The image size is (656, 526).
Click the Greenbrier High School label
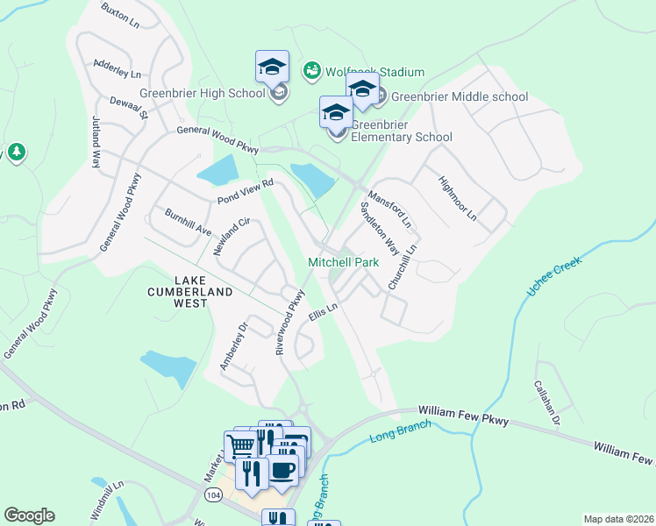pyautogui.click(x=202, y=94)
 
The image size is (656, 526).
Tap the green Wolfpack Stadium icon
pyautogui.click(x=311, y=71)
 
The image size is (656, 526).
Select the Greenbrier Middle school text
pyautogui.click(x=460, y=96)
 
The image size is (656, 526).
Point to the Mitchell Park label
pyautogui.click(x=342, y=262)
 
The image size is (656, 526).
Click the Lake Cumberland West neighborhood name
pyautogui.click(x=190, y=291)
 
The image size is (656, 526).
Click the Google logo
pyautogui.click(x=29, y=515)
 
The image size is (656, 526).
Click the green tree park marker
pyautogui.click(x=16, y=153)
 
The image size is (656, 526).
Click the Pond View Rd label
pyautogui.click(x=246, y=193)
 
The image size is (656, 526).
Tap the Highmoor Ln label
pyautogui.click(x=457, y=197)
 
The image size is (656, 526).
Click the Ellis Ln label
pyautogui.click(x=323, y=313)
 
